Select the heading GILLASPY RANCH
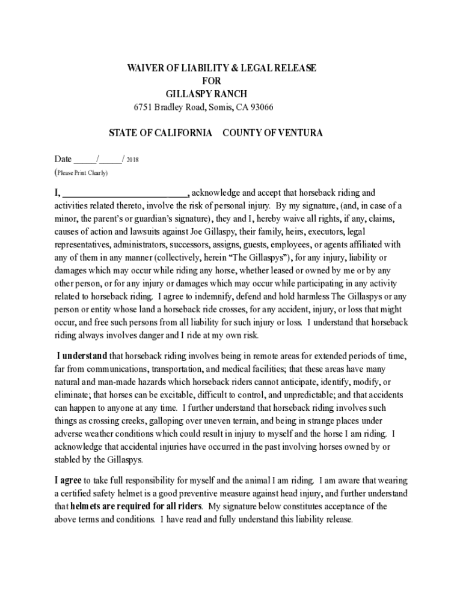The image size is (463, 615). pos(206,94)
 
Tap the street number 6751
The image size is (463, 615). pos(143,108)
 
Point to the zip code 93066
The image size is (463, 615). pos(259,108)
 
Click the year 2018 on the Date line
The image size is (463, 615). pos(132,160)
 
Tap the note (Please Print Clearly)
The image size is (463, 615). pos(81,173)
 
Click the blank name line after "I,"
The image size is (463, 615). pos(126,193)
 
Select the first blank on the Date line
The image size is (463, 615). pos(84,160)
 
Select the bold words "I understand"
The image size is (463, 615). pos(82,356)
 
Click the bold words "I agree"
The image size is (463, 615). pos(68,480)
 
